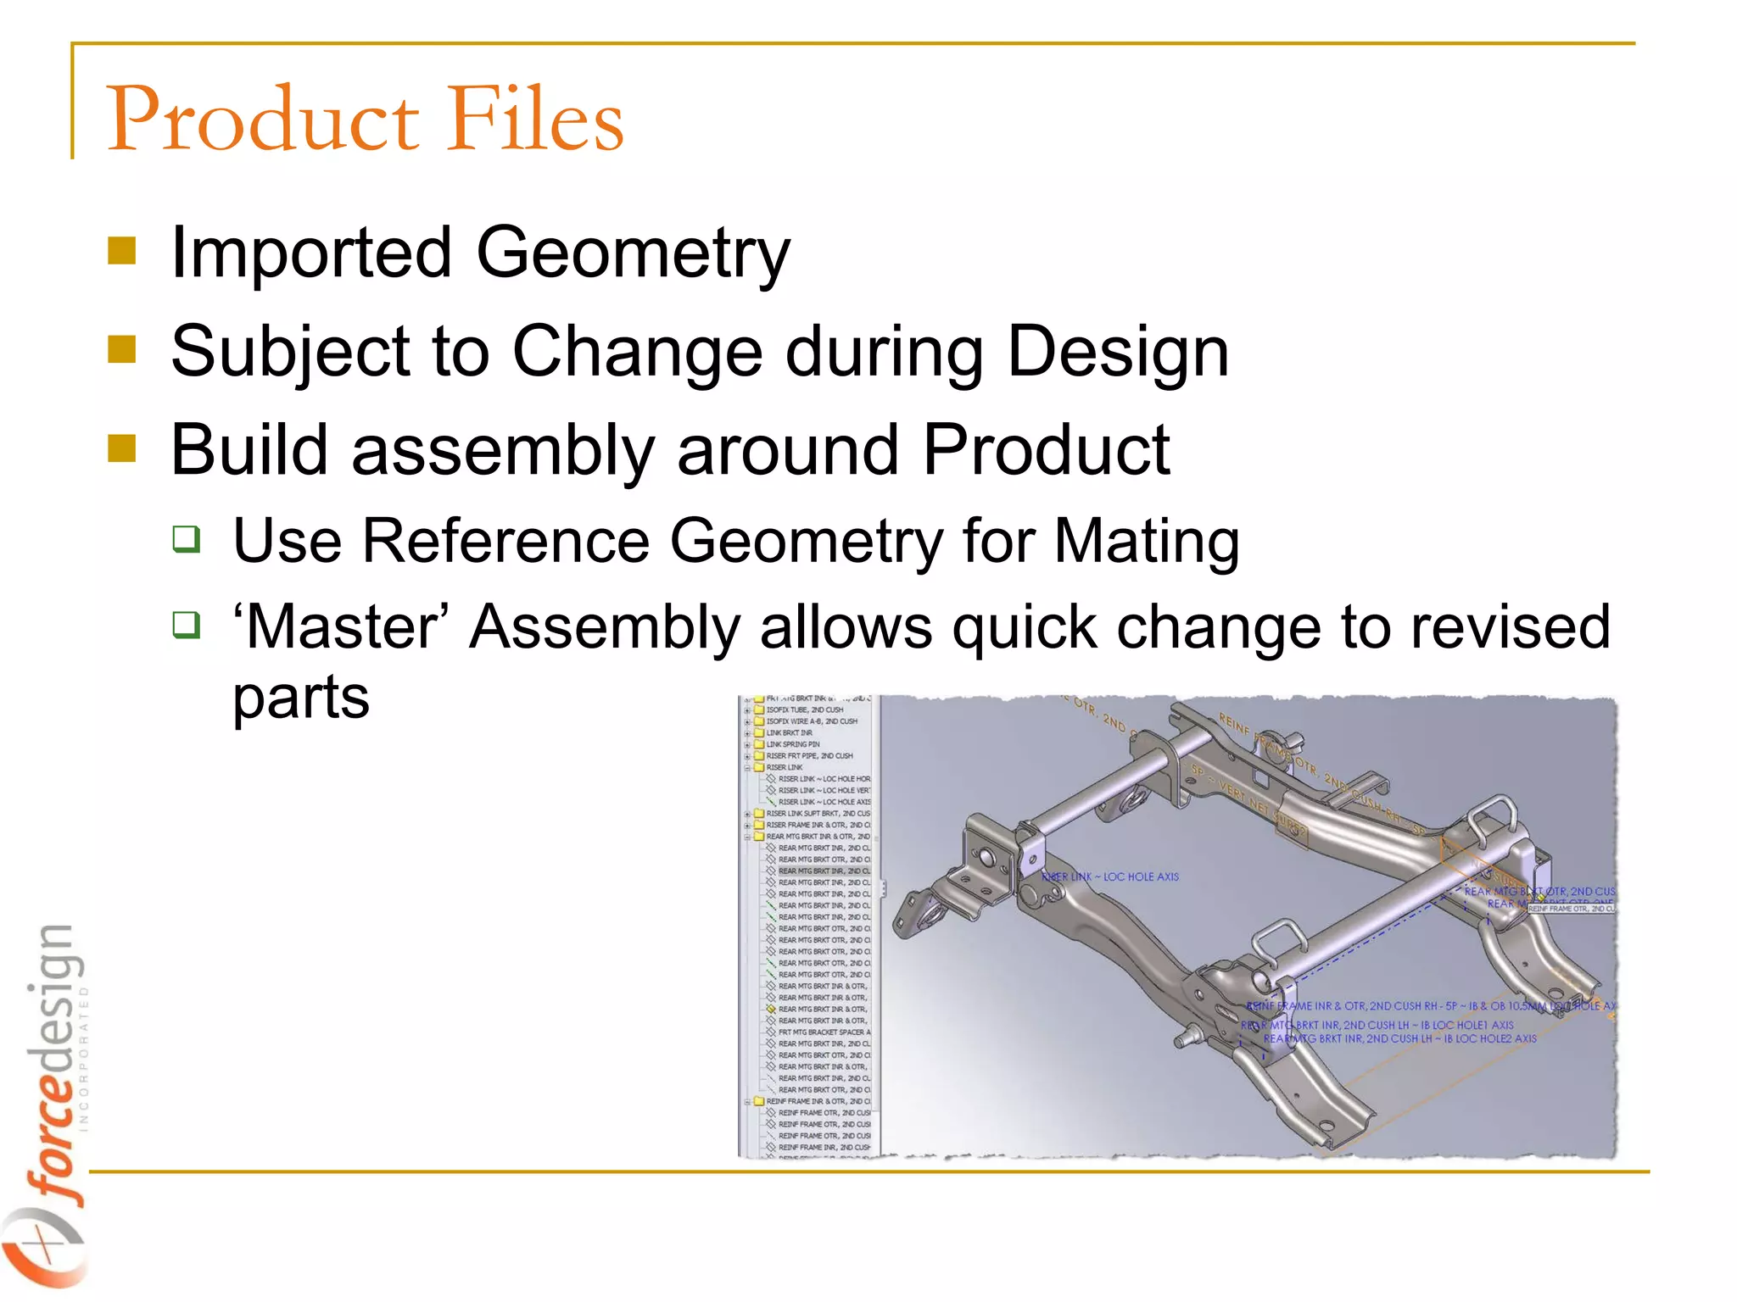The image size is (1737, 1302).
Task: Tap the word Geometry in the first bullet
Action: tap(633, 253)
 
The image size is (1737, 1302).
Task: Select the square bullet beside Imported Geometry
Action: tap(122, 251)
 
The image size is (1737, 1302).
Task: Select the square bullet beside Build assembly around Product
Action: tap(122, 448)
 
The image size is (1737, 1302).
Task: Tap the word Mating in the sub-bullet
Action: tap(1147, 541)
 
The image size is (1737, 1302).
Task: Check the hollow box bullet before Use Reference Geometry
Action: tap(186, 538)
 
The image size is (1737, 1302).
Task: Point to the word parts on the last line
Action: tap(301, 698)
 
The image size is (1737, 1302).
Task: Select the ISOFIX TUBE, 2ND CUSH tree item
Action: tap(804, 709)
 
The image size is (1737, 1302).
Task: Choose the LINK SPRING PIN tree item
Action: tap(792, 744)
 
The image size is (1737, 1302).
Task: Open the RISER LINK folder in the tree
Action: tap(784, 767)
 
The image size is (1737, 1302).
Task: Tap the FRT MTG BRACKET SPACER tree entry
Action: tap(823, 1032)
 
